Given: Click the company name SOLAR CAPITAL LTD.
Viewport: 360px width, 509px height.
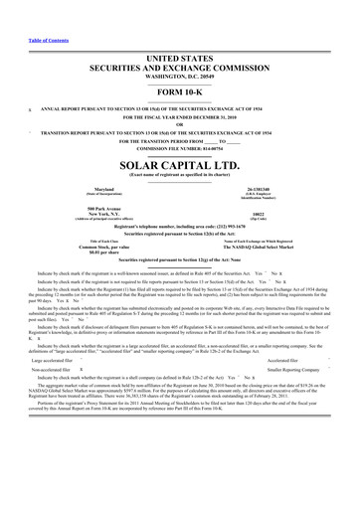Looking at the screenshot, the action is (179, 161).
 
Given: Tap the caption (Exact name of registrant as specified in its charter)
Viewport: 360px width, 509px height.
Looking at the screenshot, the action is (179, 173).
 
